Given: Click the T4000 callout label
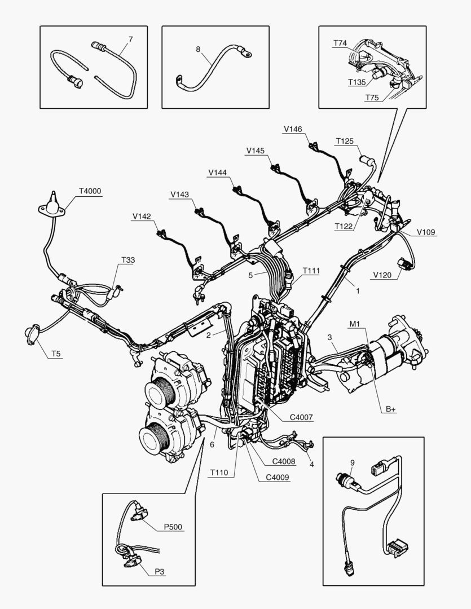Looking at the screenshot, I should [x=90, y=191].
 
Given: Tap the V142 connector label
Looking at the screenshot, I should [x=142, y=215].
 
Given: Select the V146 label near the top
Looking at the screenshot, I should [x=293, y=129].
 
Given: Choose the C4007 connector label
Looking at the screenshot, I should [x=301, y=418].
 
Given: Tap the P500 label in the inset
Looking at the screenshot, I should [x=174, y=527].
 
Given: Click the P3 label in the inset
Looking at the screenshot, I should [x=161, y=571].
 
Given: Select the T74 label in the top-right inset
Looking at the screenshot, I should [x=340, y=43].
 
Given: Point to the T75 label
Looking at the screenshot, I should [x=372, y=98].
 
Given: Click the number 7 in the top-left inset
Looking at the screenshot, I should [x=131, y=39].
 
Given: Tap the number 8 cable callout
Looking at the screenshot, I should [x=198, y=49].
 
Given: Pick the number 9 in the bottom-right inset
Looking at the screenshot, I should [x=353, y=463].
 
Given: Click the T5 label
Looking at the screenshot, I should [x=57, y=354].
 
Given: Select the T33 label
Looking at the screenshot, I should [x=128, y=260].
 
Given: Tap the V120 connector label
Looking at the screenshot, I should [x=382, y=275].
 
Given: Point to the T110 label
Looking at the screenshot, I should [x=219, y=473].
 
